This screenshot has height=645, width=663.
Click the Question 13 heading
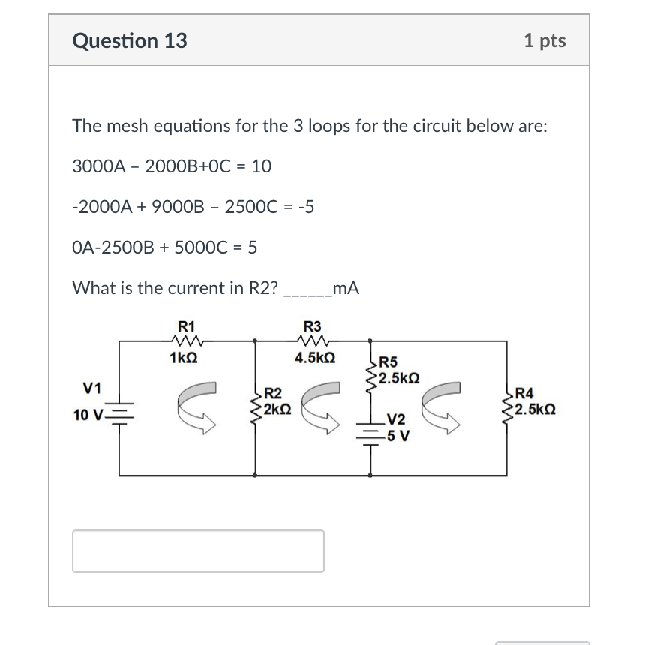[130, 40]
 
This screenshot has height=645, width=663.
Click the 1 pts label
[544, 40]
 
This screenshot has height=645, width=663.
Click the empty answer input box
[198, 551]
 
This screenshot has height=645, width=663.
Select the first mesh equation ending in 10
[172, 166]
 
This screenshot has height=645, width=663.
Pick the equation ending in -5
[193, 207]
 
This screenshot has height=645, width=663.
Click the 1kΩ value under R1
[184, 358]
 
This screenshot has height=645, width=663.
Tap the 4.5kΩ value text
[315, 358]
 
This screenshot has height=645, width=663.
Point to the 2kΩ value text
[278, 409]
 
